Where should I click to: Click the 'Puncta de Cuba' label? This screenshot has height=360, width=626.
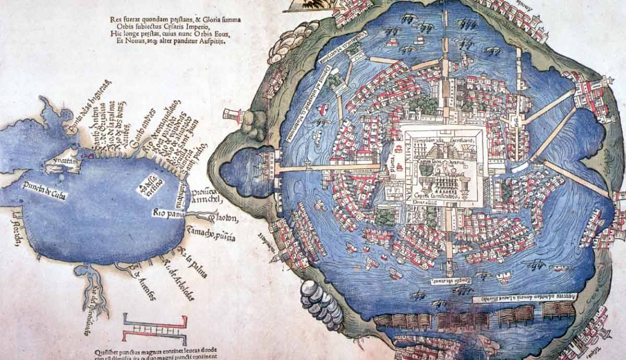coord(44,190)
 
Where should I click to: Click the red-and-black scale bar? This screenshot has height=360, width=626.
coord(154,329)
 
